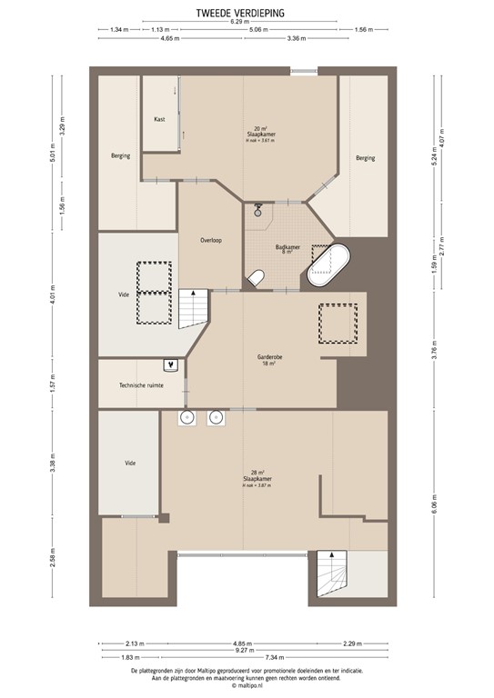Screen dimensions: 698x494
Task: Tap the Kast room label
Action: point(159,119)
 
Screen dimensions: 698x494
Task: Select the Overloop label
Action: point(211,240)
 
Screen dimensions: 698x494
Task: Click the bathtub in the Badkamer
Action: point(328,264)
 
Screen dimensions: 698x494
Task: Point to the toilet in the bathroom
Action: point(258,277)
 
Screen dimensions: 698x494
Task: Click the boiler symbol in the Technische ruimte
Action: point(170,365)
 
